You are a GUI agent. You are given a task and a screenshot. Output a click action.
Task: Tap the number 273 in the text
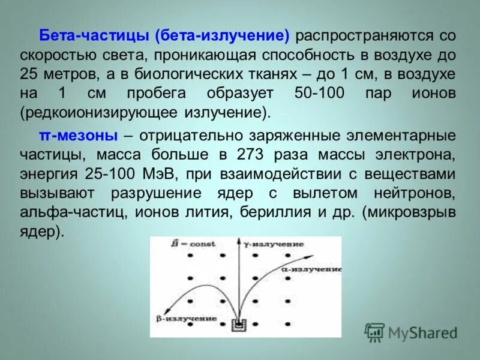point(249,155)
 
